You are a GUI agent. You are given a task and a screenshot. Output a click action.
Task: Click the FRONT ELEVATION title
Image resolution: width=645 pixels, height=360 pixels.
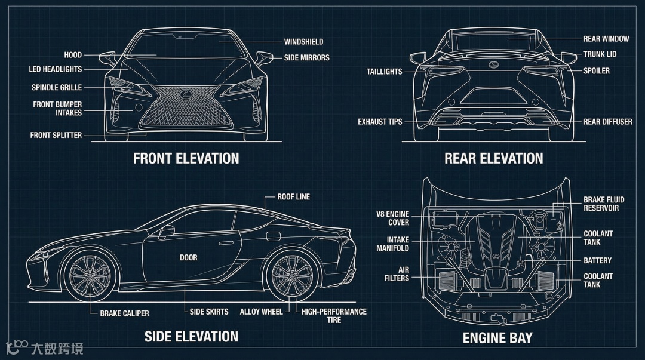tap(186, 158)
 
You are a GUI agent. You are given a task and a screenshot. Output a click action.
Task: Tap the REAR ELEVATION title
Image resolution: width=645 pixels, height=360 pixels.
tap(493, 158)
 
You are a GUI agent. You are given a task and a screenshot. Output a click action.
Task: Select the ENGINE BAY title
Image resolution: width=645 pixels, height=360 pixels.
tap(497, 338)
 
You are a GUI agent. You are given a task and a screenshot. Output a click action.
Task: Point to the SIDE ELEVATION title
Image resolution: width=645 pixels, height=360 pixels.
tap(191, 336)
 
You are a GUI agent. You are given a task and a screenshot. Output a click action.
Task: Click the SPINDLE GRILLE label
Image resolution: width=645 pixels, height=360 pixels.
tap(57, 88)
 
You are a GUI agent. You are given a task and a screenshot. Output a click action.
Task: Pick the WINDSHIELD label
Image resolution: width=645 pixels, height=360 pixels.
tap(303, 42)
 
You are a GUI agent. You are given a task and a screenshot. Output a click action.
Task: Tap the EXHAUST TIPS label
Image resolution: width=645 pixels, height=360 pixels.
tap(380, 122)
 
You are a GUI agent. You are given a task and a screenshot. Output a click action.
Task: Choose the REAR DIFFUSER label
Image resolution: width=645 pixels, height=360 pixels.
tap(607, 122)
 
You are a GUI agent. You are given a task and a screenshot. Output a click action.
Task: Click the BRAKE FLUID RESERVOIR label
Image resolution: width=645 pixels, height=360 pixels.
tap(604, 204)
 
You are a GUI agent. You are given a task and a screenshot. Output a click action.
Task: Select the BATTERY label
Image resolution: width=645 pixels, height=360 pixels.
tap(597, 260)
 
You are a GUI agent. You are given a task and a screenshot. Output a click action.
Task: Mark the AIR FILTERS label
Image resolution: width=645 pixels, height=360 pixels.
tap(397, 274)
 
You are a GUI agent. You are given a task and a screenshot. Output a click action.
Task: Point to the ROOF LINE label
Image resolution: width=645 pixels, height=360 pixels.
tap(293, 196)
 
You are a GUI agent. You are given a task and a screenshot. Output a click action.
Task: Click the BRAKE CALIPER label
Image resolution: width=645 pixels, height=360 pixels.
tap(124, 313)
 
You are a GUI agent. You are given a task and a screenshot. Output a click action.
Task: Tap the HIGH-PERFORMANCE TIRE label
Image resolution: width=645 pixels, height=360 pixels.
tap(334, 316)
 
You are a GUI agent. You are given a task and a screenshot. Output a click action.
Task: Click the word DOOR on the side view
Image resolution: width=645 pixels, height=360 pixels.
tap(188, 258)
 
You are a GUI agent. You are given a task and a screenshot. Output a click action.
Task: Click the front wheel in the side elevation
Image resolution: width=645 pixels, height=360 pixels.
tap(90, 276)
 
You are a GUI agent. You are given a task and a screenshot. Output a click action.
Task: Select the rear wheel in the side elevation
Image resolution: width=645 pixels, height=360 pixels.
tap(291, 276)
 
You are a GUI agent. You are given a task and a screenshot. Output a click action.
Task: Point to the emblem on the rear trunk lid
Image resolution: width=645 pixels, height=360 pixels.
tap(493, 64)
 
